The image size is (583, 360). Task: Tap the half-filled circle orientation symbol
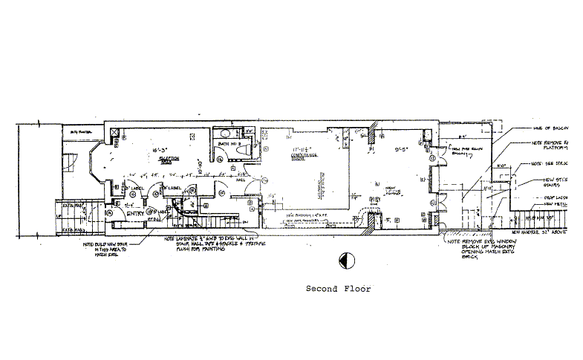tap(344, 260)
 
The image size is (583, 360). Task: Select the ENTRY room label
tap(135, 214)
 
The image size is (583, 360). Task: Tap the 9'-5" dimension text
tap(403, 149)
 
